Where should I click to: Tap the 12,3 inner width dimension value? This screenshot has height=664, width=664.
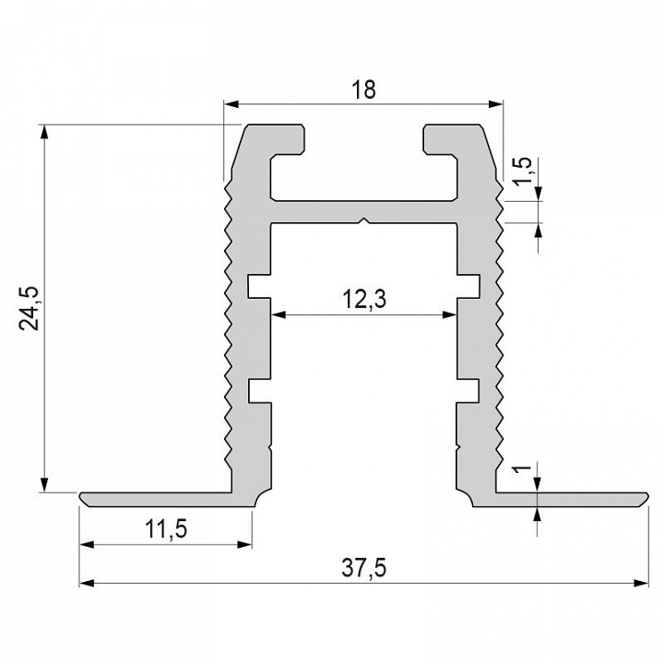364,299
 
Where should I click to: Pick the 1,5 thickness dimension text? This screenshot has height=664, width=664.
521,174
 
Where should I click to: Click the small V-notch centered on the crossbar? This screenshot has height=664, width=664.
365,221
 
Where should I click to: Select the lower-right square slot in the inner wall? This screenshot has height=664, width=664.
470,391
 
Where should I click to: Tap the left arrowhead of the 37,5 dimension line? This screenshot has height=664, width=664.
86,583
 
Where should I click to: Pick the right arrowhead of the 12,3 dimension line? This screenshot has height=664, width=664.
452,314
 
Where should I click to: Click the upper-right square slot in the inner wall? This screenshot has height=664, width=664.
470,285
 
